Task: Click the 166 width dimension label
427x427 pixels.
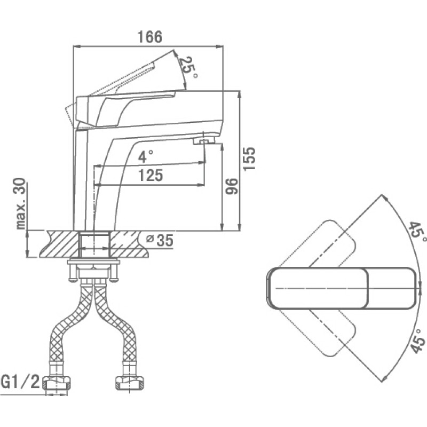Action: pyautogui.click(x=150, y=37)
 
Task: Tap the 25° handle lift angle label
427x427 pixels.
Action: pyautogui.click(x=188, y=67)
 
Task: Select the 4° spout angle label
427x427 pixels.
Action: pyautogui.click(x=145, y=156)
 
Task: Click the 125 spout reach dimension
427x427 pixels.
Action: pyautogui.click(x=151, y=175)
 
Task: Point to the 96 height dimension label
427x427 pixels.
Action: pyautogui.click(x=232, y=186)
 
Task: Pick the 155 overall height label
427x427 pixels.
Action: pyautogui.click(x=249, y=159)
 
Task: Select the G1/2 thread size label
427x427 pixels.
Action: pyautogui.click(x=20, y=382)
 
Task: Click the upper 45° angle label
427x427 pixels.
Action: pyautogui.click(x=417, y=232)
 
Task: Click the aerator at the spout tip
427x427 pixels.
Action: pyautogui.click(x=203, y=141)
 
